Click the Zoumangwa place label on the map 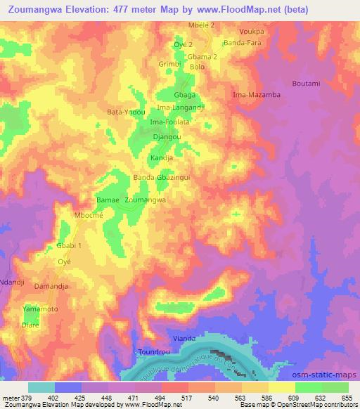coord(146,200)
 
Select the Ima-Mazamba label coord(257,94)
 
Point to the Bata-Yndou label coord(125,112)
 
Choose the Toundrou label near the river coord(153,351)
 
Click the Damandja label coord(53,289)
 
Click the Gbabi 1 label coord(69,245)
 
